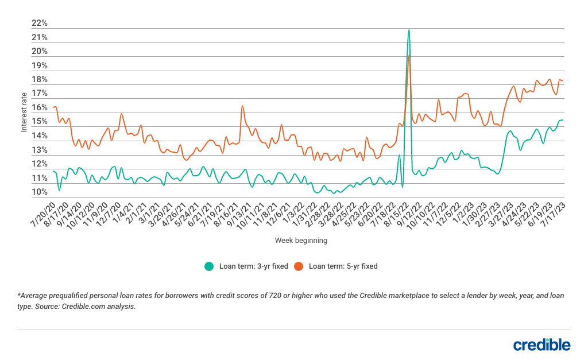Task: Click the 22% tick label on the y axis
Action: (40, 24)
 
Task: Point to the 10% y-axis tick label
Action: (40, 192)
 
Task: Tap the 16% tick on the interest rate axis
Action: (40, 108)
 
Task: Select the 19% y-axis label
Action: (40, 65)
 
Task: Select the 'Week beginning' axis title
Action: (301, 241)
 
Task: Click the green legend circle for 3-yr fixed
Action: (209, 266)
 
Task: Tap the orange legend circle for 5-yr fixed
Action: (299, 266)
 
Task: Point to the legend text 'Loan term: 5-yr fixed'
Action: (343, 266)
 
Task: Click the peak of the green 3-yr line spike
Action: (409, 29)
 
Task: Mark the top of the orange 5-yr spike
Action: (409, 56)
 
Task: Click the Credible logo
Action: (541, 344)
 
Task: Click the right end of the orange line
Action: (562, 81)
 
